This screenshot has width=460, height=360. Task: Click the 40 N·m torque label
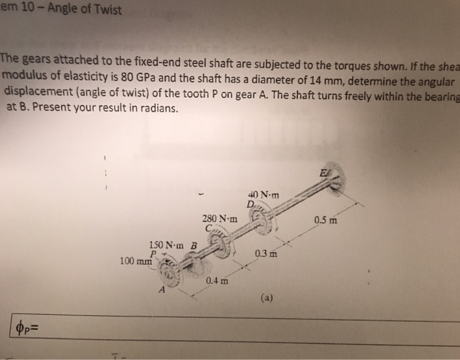(x=264, y=195)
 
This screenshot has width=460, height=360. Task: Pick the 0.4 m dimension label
(x=217, y=282)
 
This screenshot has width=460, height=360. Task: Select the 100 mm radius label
(x=136, y=261)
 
